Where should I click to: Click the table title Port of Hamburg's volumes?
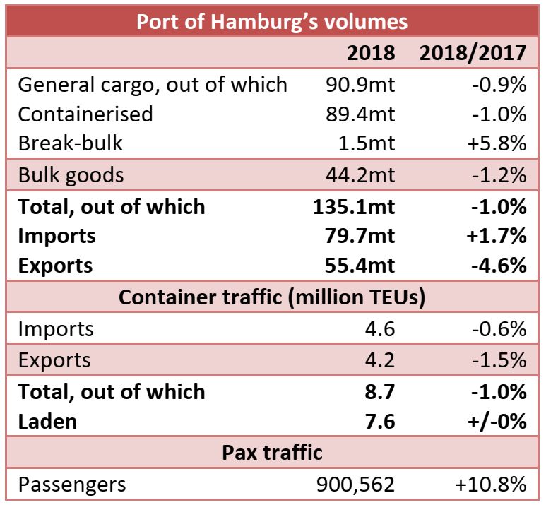coord(272,21)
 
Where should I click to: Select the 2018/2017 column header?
coord(473,53)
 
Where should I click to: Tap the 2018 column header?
coord(372,53)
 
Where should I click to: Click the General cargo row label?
coord(153,85)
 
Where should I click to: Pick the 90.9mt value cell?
coord(360,85)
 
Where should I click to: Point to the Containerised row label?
coord(85,114)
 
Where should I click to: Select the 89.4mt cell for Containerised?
coord(360,114)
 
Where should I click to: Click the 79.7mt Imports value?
coord(358,236)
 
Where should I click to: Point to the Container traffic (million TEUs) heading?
coord(272,297)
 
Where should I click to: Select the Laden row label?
coord(48,422)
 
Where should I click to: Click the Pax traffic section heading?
coord(272,453)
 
